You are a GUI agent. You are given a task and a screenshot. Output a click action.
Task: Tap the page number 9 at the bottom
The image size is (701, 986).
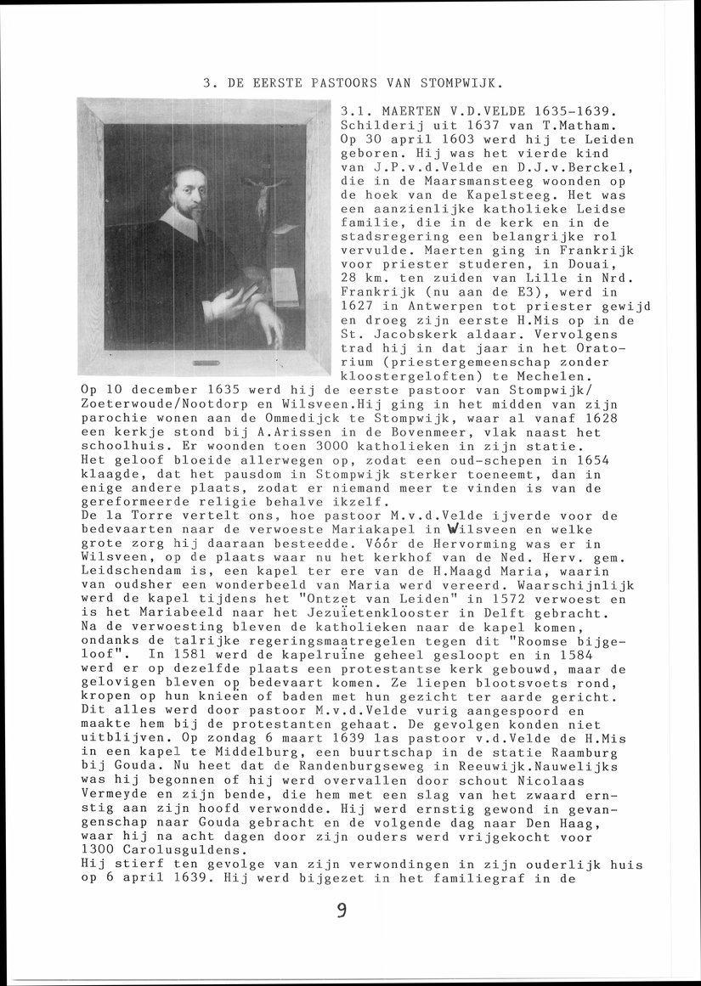click(342, 910)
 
